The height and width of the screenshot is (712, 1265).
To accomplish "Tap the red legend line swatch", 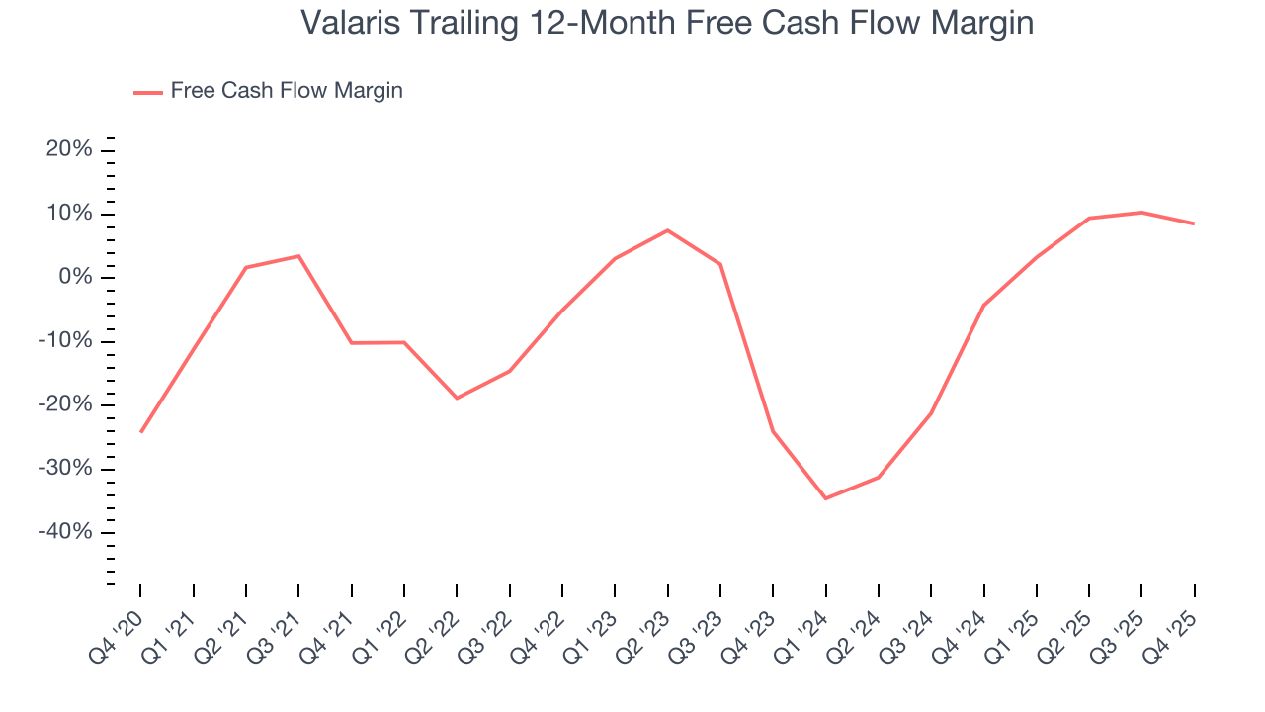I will [148, 92].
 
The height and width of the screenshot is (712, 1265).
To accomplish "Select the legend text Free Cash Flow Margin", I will [287, 91].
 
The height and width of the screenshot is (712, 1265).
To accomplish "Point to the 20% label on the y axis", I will [69, 150].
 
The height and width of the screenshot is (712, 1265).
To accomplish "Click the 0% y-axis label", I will [75, 278].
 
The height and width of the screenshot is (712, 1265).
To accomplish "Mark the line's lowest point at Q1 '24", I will [825, 498].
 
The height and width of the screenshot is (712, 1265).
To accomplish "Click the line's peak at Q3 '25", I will [1141, 212].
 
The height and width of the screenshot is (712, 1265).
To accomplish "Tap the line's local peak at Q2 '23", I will [667, 230].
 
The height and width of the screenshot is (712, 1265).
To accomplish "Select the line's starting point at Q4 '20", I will [140, 432].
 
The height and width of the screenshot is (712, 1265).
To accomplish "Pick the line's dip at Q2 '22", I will [457, 399].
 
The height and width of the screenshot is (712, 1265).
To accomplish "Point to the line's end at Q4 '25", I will [1194, 223].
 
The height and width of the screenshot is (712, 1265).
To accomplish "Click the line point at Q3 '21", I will [298, 256].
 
